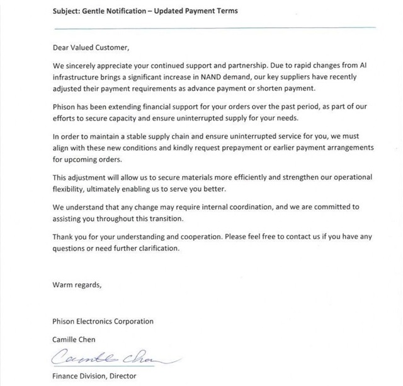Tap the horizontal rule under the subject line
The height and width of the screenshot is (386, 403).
point(214,28)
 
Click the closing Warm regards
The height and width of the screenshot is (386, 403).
point(76,284)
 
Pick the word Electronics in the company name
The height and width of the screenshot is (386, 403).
point(103,321)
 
